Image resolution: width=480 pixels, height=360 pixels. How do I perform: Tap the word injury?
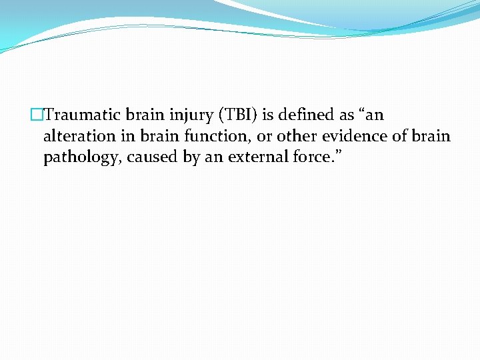pos(185,115)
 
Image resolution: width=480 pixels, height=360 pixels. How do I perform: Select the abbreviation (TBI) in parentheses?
pos(237,115)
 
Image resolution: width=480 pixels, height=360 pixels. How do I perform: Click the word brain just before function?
pos(155,137)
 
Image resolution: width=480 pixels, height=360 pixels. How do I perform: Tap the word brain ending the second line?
pos(431,137)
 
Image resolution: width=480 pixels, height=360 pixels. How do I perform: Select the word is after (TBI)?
pos(269,115)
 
